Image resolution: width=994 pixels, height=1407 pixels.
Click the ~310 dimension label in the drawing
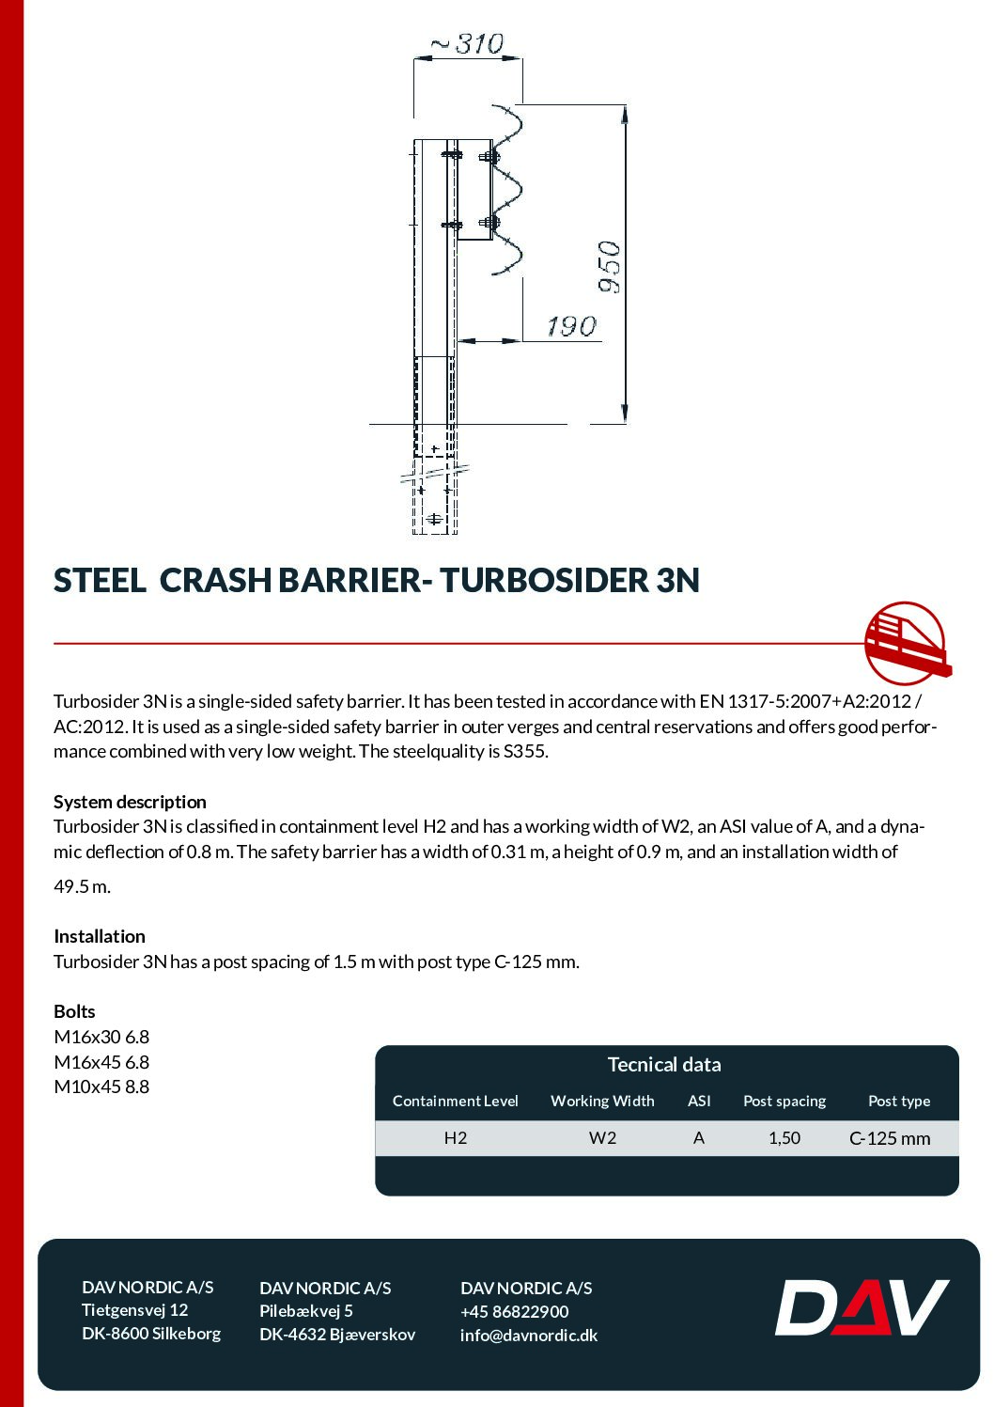click(468, 44)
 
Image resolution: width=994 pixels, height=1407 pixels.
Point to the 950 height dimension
click(610, 267)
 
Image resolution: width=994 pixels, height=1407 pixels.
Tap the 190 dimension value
click(571, 326)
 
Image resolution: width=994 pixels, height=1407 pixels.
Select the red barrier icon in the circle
click(906, 643)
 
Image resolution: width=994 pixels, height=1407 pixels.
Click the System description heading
click(130, 802)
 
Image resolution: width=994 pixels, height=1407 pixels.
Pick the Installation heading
click(100, 936)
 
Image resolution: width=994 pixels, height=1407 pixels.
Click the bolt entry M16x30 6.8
click(101, 1037)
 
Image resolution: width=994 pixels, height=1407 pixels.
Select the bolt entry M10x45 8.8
click(101, 1087)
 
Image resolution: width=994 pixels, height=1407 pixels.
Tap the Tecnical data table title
click(664, 1064)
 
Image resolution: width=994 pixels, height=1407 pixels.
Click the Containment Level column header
click(456, 1101)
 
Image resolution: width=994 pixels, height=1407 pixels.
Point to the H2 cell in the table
click(456, 1137)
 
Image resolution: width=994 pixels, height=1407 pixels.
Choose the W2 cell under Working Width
click(602, 1137)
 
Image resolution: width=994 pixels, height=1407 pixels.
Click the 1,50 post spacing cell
click(784, 1137)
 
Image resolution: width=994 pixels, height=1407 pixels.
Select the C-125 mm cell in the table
click(890, 1138)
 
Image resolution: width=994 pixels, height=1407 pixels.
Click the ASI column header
click(699, 1101)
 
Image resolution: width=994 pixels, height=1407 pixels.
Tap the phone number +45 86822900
click(514, 1311)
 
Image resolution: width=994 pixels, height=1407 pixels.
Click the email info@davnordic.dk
click(528, 1335)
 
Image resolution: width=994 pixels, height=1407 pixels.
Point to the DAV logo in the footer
click(862, 1307)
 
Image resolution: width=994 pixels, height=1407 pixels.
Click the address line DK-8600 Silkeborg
click(151, 1333)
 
